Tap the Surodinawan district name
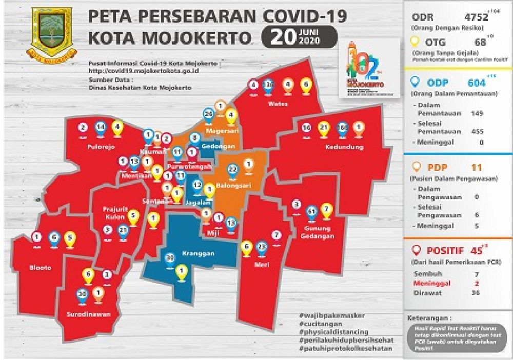tap(89, 313)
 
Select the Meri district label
tap(262, 265)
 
